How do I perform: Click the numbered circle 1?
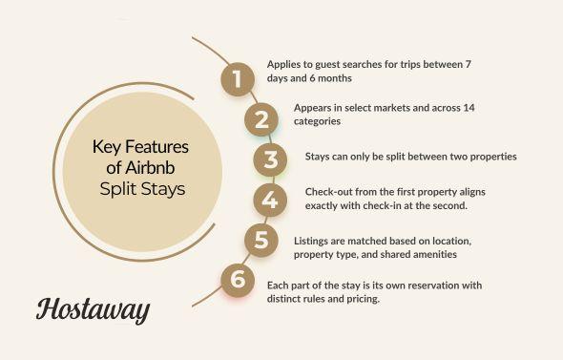click(235, 79)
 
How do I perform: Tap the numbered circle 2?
click(260, 120)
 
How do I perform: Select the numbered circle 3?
click(271, 159)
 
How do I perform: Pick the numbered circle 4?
click(270, 200)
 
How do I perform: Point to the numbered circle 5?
click(260, 240)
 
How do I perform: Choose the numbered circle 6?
click(235, 280)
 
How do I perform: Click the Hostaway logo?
click(93, 308)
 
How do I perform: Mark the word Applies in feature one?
click(282, 64)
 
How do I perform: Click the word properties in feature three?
click(487, 156)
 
